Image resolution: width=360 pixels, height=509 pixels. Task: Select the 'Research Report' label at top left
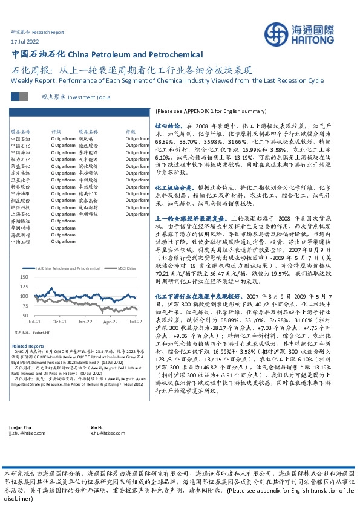click(47, 31)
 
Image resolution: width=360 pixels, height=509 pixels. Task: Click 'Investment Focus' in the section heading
click(90, 96)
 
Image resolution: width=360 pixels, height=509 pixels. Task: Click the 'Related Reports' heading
click(28, 345)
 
